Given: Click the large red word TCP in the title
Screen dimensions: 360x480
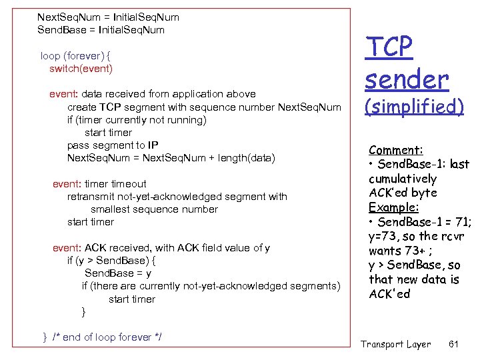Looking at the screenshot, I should tap(389, 48).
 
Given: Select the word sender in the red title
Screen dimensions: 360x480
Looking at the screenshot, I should tap(407, 80).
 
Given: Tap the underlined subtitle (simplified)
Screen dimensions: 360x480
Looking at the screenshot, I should tap(414, 107).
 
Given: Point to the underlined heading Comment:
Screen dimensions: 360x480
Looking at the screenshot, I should tap(396, 151).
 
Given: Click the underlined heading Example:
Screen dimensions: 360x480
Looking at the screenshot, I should tap(394, 207).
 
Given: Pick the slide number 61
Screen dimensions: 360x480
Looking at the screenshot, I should tap(455, 344).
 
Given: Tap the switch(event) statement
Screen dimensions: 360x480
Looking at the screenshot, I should tap(81, 69).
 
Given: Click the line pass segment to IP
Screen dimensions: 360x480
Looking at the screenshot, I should tap(113, 145).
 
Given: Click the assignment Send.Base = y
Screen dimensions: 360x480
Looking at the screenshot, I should tap(118, 273).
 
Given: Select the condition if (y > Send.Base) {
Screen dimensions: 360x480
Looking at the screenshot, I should tap(112, 261).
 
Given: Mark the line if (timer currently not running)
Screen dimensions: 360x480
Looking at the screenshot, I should tap(137, 120).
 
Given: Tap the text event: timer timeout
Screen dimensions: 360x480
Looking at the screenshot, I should tap(99, 184).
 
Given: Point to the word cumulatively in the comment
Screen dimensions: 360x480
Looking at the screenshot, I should tap(403, 179).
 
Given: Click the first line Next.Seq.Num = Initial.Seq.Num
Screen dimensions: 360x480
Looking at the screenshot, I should tap(108, 17).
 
